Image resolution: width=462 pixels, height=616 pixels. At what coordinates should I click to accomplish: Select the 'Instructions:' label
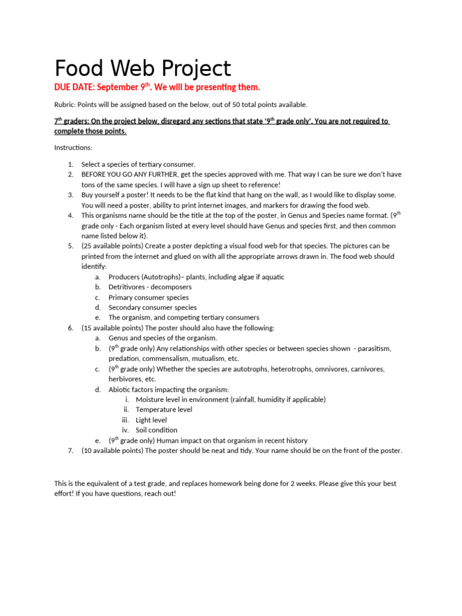(73, 147)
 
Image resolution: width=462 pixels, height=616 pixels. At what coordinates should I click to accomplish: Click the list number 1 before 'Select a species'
(70, 164)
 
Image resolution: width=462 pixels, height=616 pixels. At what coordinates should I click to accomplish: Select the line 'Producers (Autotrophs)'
(146, 277)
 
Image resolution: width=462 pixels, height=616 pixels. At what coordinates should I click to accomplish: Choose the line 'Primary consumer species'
(148, 297)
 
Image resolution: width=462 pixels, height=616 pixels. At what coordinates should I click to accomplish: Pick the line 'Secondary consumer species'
(152, 307)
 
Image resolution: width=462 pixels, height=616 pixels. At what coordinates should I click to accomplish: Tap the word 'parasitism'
(374, 348)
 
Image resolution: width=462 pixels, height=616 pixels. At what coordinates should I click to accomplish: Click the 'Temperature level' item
(164, 410)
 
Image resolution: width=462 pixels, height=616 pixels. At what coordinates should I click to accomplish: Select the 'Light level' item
(152, 420)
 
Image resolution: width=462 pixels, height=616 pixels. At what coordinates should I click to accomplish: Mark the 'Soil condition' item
(156, 430)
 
